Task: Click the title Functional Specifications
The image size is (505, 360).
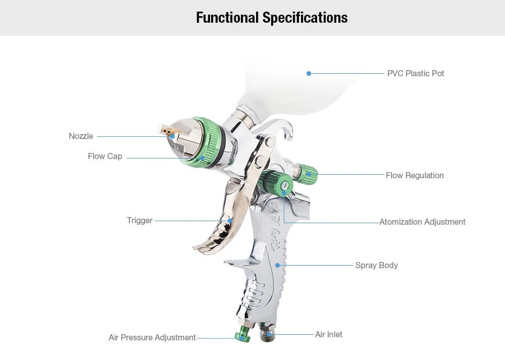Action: pyautogui.click(x=272, y=18)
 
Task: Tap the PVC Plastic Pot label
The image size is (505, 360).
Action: pyautogui.click(x=416, y=73)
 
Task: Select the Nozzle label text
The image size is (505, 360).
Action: pyautogui.click(x=81, y=136)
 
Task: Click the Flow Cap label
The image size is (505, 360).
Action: pyautogui.click(x=105, y=157)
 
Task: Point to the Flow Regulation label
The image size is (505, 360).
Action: pyautogui.click(x=415, y=176)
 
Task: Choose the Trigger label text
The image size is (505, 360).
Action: pyautogui.click(x=139, y=221)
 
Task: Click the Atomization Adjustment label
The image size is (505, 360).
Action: pyautogui.click(x=422, y=222)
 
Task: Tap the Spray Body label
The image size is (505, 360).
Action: pyautogui.click(x=376, y=266)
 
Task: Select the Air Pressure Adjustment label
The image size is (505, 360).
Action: pyautogui.click(x=152, y=338)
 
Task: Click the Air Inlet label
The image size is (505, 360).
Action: pyautogui.click(x=329, y=335)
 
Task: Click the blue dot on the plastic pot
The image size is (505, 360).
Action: pyautogui.click(x=309, y=74)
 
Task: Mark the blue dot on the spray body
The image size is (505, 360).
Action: pyautogui.click(x=277, y=265)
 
